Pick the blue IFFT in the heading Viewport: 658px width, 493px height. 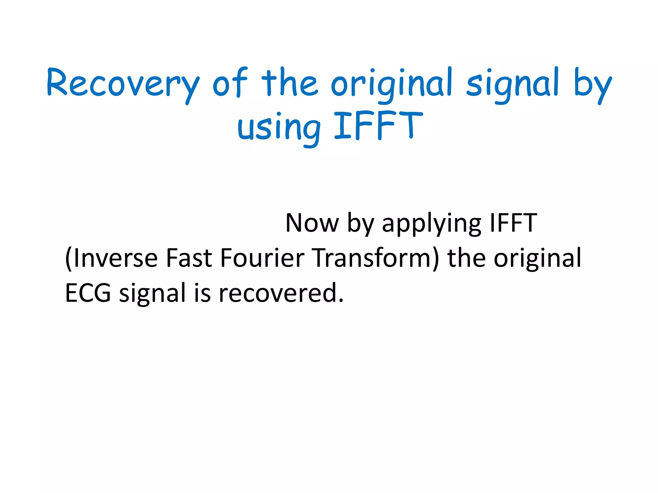coord(378,125)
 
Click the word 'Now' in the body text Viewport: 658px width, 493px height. coord(312,223)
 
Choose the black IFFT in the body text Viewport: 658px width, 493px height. coord(513,223)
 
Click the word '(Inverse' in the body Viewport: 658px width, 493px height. coord(111,258)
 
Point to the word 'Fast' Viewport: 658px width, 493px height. coord(189,258)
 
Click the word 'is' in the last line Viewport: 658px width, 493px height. coord(202,293)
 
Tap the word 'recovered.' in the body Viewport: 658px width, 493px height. coord(281,293)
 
